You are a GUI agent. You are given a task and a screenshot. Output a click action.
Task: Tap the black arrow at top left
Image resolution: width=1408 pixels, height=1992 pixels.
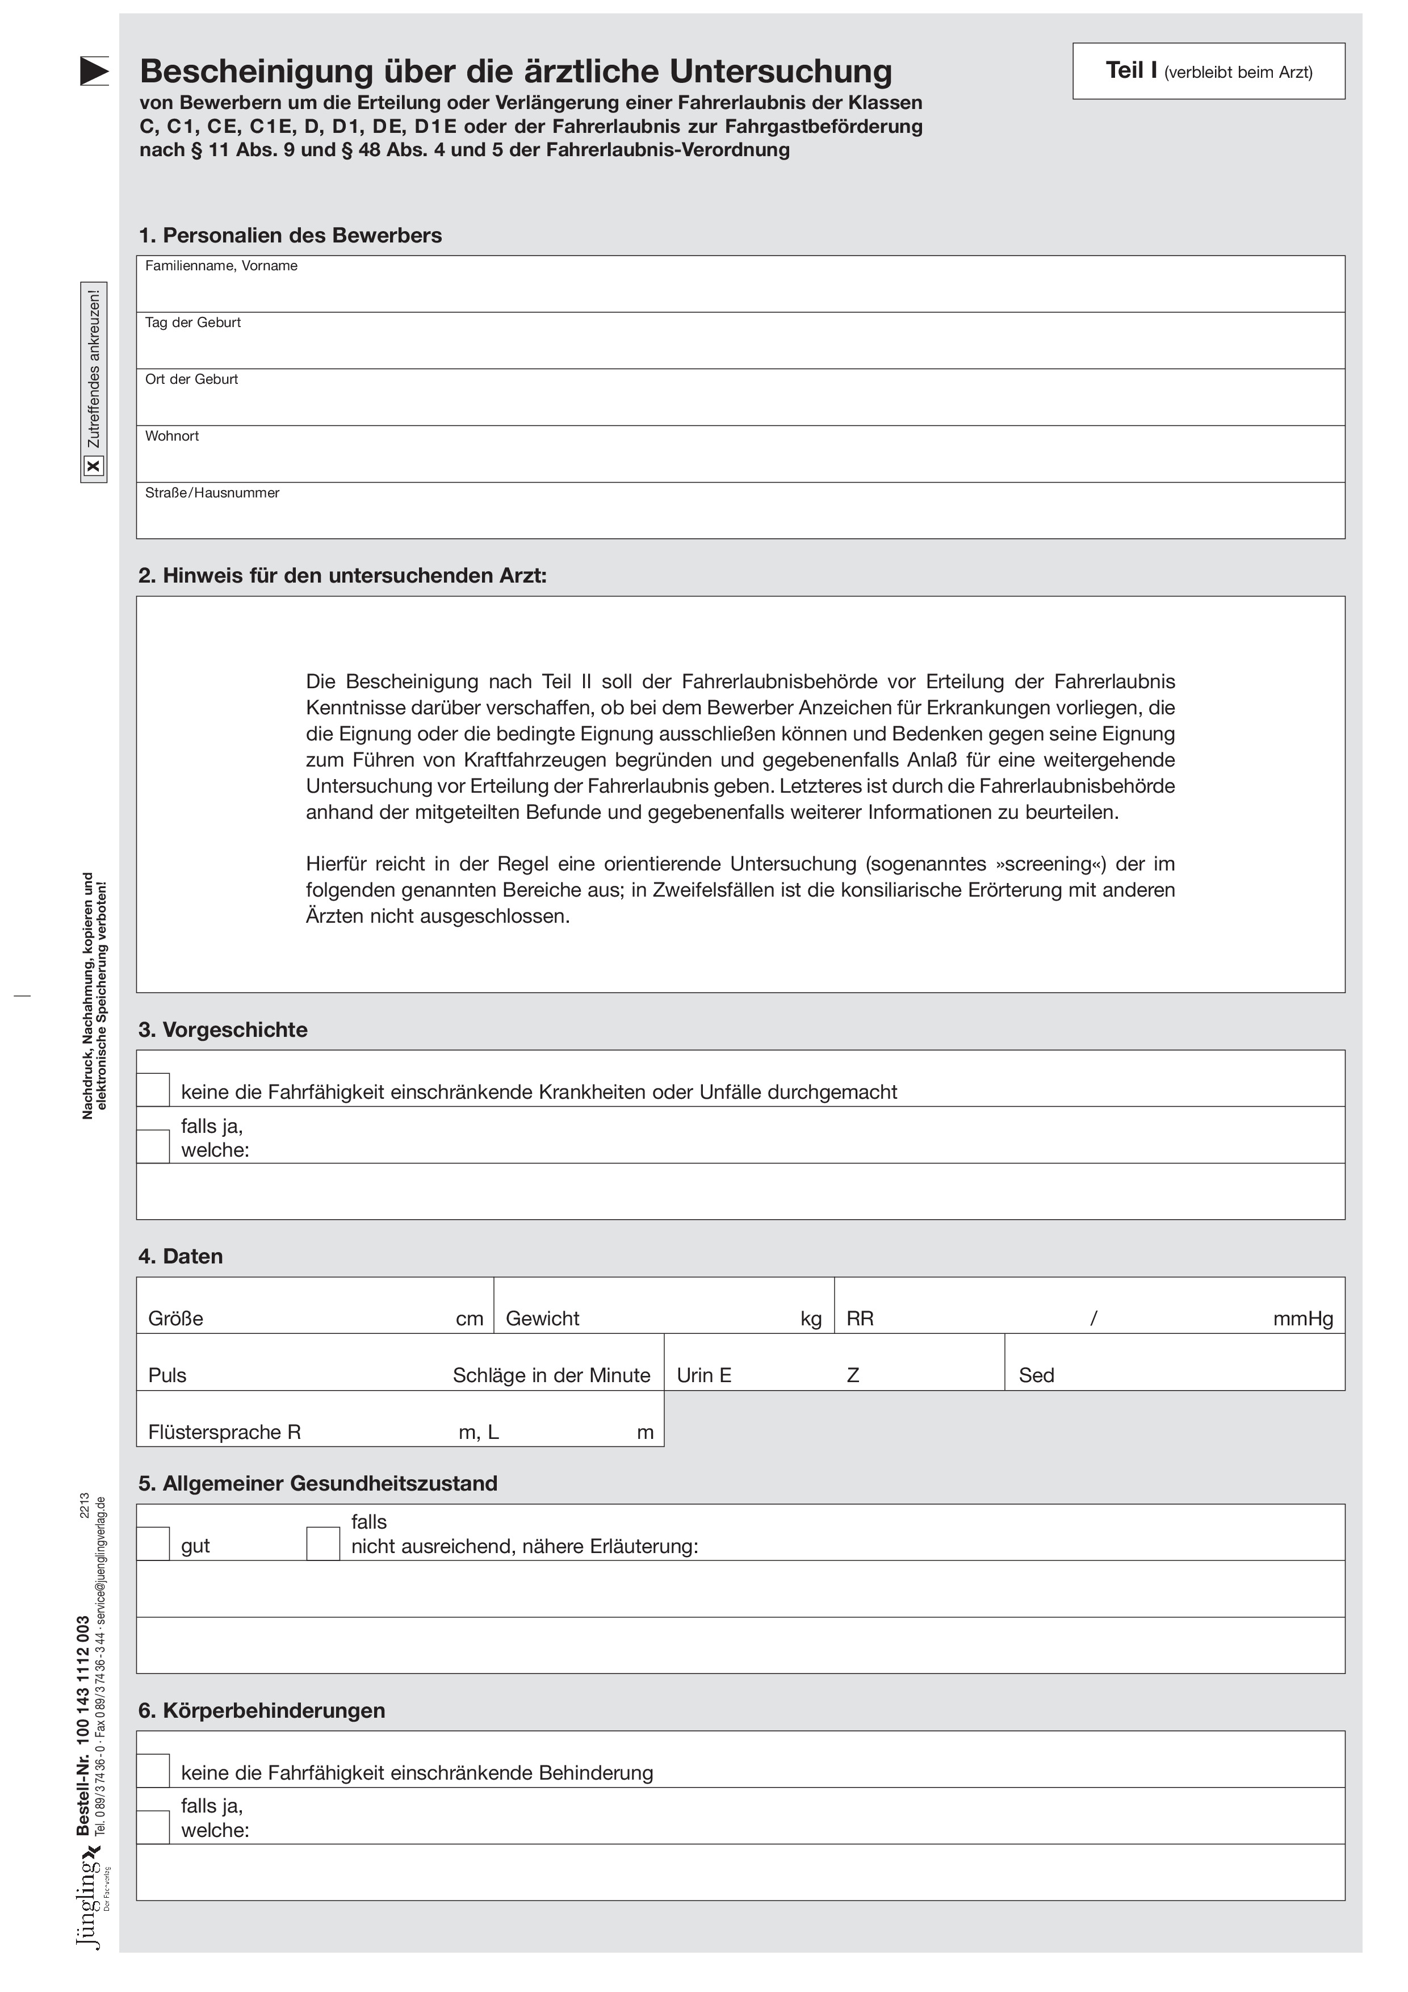point(94,70)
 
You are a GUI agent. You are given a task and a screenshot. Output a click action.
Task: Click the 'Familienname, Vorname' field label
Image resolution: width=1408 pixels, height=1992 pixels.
point(221,266)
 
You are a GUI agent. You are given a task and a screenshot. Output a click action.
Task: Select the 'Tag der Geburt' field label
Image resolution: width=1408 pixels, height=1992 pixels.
point(192,323)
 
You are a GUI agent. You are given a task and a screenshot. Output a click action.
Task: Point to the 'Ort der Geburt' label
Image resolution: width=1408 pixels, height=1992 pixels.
point(191,379)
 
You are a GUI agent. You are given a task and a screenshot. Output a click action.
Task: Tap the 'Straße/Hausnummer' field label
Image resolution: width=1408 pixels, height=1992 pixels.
point(212,493)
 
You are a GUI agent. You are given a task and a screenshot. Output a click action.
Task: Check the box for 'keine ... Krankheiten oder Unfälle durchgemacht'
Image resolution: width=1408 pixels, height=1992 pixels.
point(153,1091)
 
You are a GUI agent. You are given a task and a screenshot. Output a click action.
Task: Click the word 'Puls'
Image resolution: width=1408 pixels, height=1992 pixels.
point(167,1375)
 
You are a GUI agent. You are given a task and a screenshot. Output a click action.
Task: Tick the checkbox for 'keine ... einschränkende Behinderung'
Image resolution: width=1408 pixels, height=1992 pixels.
point(153,1772)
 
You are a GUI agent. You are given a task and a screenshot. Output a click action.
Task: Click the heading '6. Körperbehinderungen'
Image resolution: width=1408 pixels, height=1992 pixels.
point(261,1711)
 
